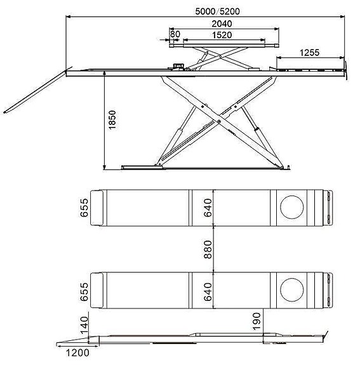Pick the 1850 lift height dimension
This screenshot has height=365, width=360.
pos(113,119)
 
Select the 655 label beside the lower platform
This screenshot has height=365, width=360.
pos(84,291)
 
